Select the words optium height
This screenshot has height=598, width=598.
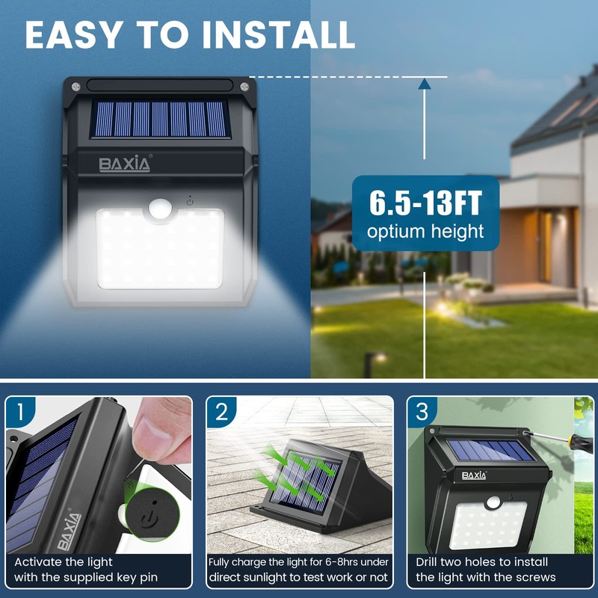point(425,232)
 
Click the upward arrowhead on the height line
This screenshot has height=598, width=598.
point(425,85)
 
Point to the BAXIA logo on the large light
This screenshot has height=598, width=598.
point(124,163)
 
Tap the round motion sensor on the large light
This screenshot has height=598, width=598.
point(159,206)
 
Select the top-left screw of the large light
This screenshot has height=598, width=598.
point(76,87)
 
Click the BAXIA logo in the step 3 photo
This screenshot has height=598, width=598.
point(474,475)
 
